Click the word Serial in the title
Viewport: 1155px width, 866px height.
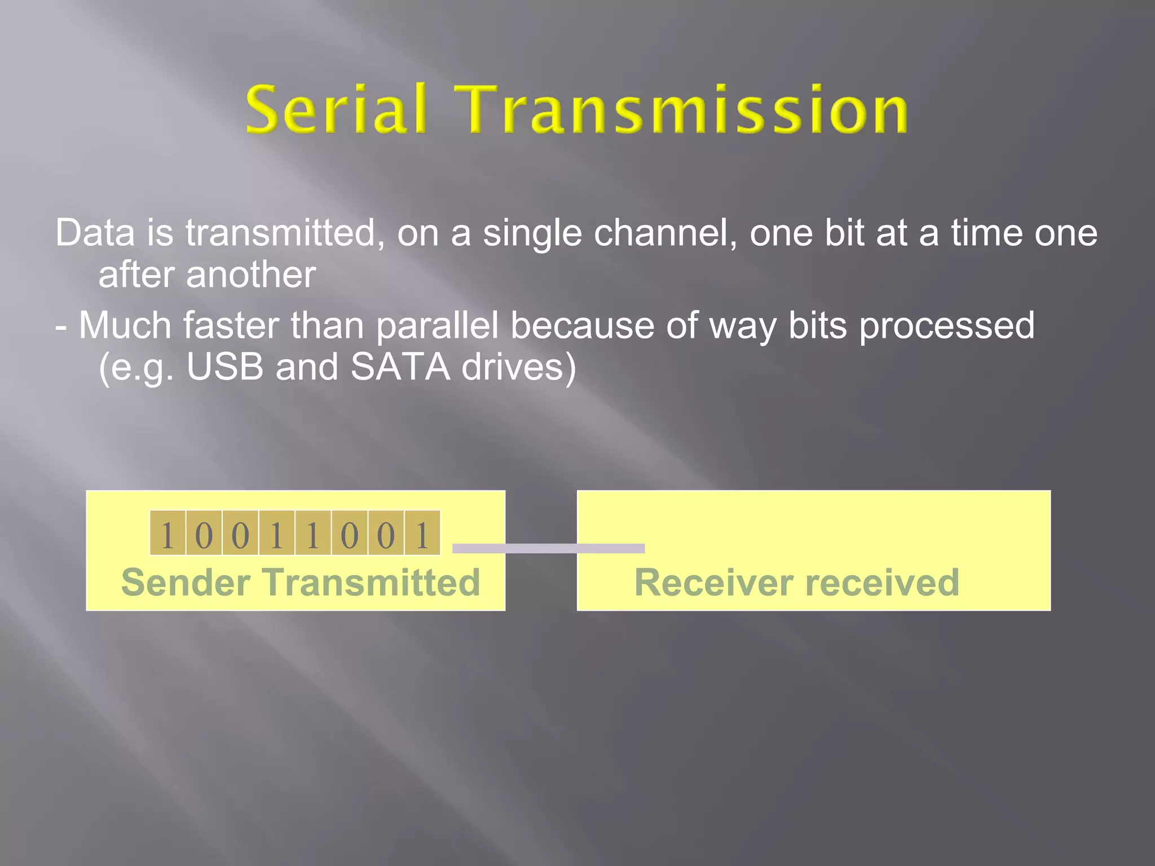tap(336, 110)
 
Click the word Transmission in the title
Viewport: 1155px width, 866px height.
tap(684, 110)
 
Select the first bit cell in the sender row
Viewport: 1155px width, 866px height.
tap(167, 533)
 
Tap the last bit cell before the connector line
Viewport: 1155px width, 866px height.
tap(422, 533)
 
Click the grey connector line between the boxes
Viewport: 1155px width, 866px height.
tap(548, 549)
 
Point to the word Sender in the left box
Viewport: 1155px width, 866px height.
tap(186, 582)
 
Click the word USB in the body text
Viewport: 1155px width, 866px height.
tap(225, 367)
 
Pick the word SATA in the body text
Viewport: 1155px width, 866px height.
tap(400, 367)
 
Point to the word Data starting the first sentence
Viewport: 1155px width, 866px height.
tap(95, 233)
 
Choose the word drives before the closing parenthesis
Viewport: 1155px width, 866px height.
tap(512, 367)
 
